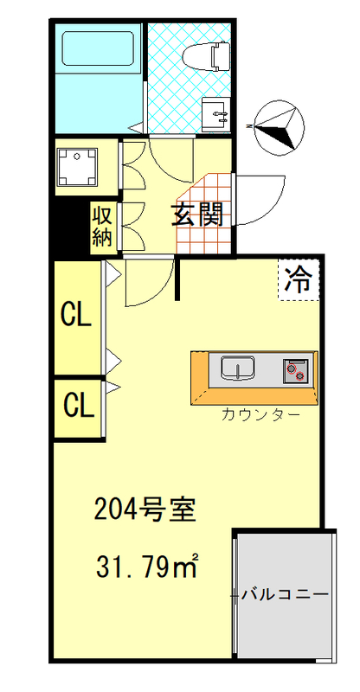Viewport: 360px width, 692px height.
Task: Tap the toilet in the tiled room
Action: [208, 56]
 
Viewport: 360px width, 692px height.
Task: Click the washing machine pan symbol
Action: [78, 166]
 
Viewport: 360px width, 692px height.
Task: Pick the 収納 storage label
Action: [103, 226]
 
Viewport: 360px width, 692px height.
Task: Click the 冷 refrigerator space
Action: [299, 279]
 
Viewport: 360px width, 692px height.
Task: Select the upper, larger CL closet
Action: [77, 317]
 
